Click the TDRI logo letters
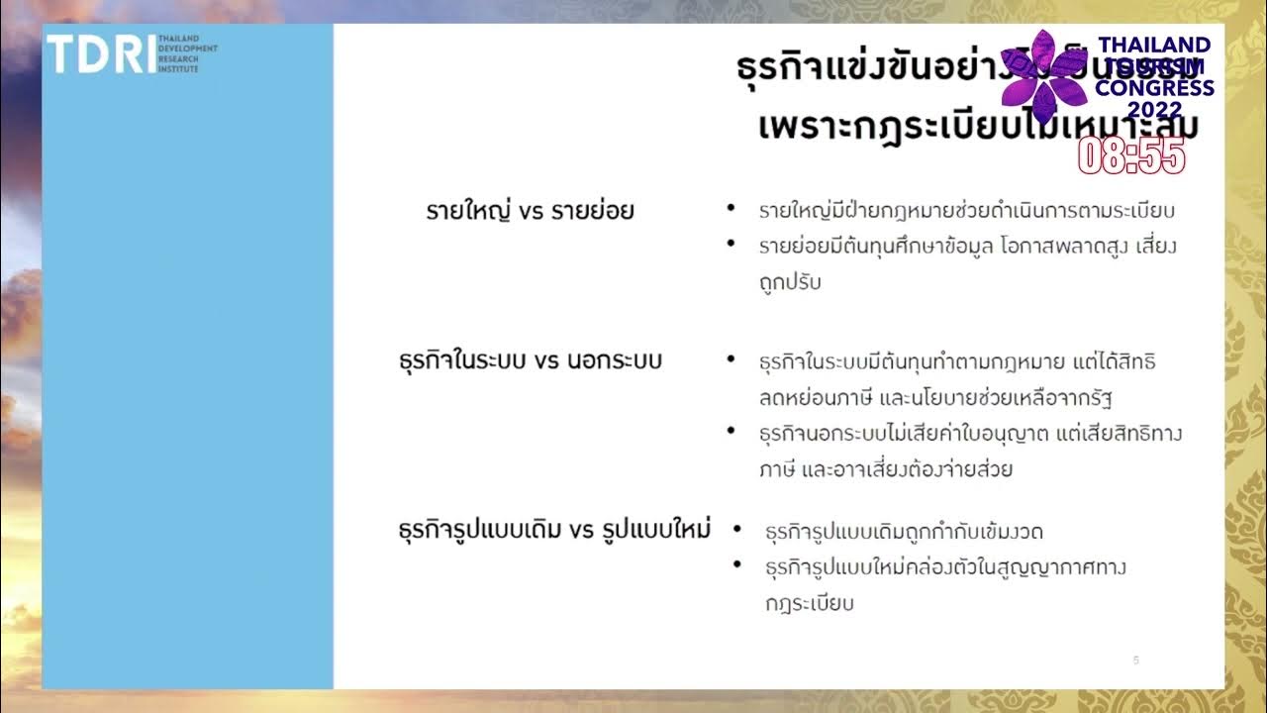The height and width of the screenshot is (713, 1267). (100, 53)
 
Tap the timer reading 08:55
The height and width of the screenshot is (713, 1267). (1131, 155)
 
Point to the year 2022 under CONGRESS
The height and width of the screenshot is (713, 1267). (1154, 110)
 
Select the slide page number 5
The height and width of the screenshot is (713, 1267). (1136, 660)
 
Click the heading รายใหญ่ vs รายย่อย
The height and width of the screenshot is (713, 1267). (530, 211)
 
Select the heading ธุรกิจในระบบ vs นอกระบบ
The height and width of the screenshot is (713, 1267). (530, 360)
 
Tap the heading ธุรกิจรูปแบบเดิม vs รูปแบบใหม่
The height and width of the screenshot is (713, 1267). (554, 530)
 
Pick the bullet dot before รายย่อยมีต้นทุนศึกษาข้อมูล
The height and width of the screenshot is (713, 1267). (731, 243)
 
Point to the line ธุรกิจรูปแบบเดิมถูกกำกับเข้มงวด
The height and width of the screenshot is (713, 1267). (904, 532)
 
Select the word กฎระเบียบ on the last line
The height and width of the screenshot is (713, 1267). (809, 603)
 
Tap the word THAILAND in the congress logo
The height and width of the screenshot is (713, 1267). (1154, 45)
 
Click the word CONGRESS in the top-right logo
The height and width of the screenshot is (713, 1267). (1154, 88)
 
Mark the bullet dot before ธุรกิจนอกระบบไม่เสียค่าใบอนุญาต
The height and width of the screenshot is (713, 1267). (731, 431)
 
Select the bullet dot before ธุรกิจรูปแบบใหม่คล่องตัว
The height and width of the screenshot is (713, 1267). (737, 565)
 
